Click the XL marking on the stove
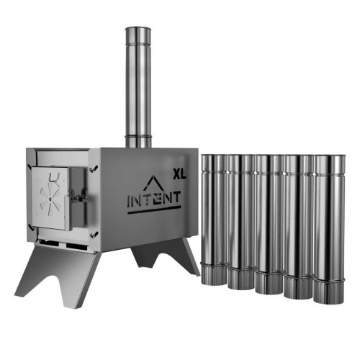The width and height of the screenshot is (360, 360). pyautogui.click(x=179, y=173)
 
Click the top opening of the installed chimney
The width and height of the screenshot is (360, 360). pyautogui.click(x=138, y=30)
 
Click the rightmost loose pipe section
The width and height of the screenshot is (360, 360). pyautogui.click(x=329, y=223)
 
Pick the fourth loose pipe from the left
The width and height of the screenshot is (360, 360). pyautogui.click(x=299, y=223)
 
